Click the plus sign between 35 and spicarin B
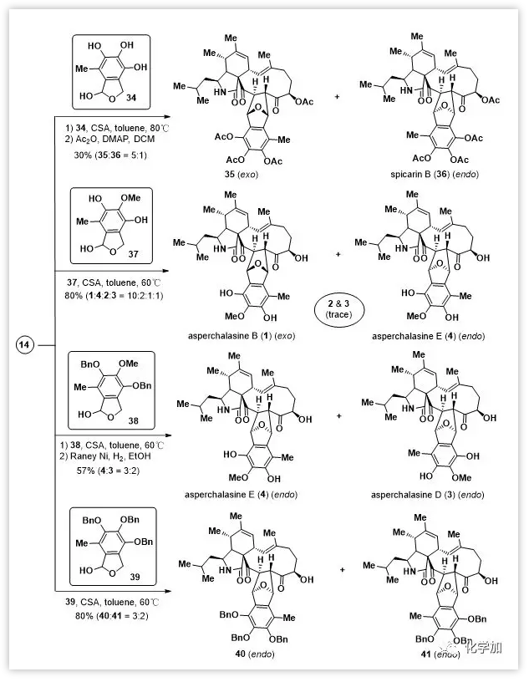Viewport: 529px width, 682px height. [338, 97]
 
